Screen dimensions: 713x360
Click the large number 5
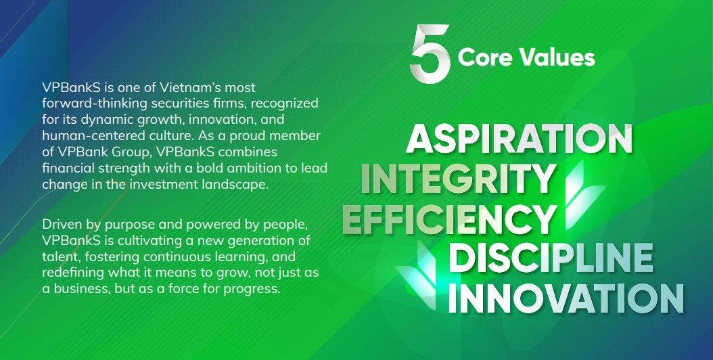click(x=430, y=53)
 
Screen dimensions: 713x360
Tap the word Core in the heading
click(x=485, y=58)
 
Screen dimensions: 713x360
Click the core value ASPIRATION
click(x=519, y=138)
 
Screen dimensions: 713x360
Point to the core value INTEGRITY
click(x=458, y=178)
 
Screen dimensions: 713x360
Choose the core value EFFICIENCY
click(x=449, y=219)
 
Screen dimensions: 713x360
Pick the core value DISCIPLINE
click(x=550, y=258)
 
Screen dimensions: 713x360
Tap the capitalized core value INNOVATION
click(x=566, y=298)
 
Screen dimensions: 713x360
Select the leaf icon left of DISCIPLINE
click(x=418, y=269)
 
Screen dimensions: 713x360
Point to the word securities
click(x=188, y=104)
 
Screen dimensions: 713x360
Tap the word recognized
click(x=285, y=104)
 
